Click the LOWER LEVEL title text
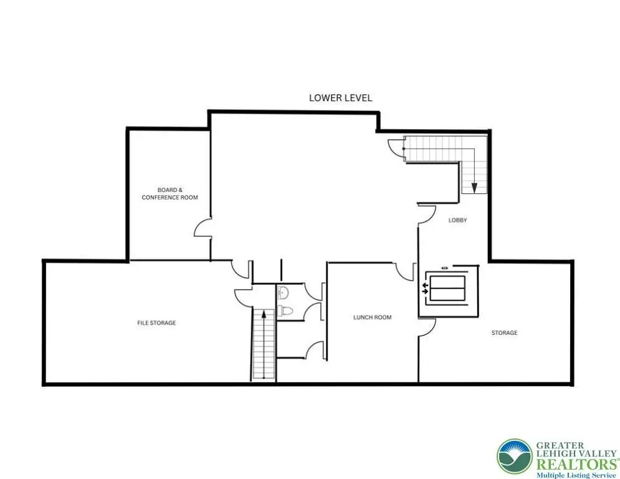340,98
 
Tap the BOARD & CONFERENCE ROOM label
169,193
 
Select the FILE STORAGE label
156,323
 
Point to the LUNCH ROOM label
373,317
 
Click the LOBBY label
457,220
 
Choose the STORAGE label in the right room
504,333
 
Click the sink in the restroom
283,293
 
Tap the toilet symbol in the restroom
285,311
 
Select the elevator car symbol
447,288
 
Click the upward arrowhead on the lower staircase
264,315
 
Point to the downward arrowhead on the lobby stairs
474,188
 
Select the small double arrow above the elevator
445,268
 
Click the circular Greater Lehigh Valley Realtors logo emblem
515,457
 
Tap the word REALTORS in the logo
576,464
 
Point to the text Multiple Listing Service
576,475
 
